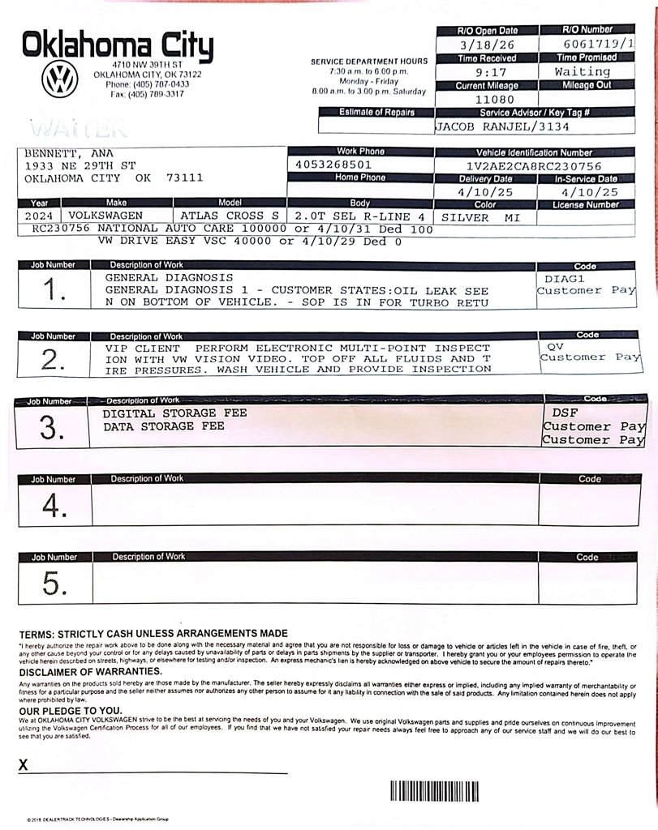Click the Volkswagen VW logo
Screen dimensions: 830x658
59,81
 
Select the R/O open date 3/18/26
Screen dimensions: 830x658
488,45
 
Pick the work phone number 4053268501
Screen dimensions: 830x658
335,165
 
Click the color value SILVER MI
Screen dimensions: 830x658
480,217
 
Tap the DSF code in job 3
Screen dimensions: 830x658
560,413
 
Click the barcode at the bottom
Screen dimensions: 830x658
434,792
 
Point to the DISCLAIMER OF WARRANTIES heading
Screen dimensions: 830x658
79,671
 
